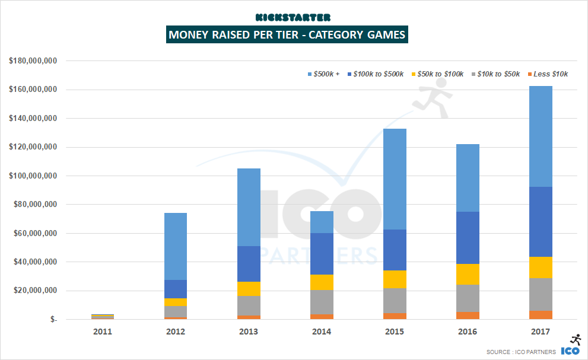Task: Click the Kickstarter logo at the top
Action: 293,18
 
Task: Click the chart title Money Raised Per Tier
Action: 287,34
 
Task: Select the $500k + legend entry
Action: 323,74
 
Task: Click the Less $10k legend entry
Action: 546,74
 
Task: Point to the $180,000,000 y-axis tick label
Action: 33,60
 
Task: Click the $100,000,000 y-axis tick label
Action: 33,176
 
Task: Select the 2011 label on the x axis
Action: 103,332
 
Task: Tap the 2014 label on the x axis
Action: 322,332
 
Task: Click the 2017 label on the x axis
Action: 541,332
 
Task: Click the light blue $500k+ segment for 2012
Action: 176,246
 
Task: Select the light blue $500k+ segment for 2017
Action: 541,136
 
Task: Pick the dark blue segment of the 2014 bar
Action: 322,254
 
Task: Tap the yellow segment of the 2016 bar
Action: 468,274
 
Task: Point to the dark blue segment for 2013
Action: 249,264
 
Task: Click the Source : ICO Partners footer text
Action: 520,352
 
